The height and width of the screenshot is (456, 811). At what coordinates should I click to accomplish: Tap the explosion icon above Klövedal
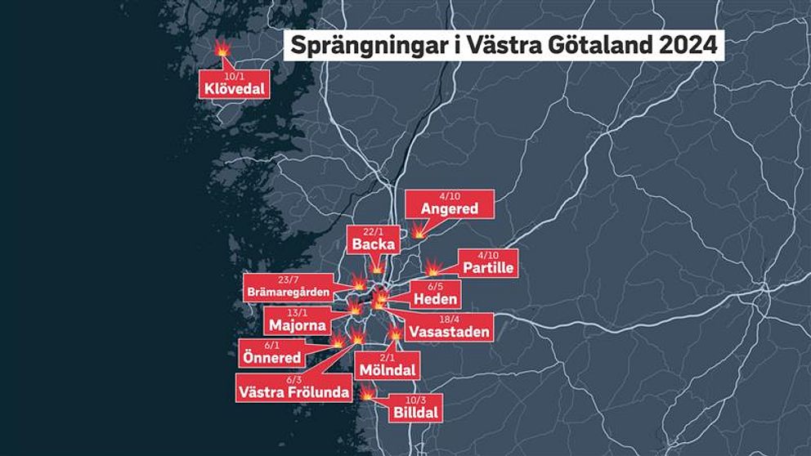222,49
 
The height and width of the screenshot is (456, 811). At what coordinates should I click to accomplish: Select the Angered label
449,209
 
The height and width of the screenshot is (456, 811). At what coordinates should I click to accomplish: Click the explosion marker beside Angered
419,232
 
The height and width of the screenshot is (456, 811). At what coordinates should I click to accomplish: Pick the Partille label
489,268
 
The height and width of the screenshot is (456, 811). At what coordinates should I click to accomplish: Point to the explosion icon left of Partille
434,267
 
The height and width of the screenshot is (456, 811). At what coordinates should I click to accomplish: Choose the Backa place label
374,244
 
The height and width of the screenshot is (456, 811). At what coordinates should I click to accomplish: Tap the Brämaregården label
288,292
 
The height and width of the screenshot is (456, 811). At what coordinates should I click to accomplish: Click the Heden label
436,299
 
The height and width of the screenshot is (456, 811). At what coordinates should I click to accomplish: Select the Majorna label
298,325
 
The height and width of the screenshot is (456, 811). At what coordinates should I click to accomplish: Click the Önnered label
271,358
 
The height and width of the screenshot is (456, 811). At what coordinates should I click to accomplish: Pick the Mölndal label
388,370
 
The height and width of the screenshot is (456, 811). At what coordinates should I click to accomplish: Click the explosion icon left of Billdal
368,395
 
